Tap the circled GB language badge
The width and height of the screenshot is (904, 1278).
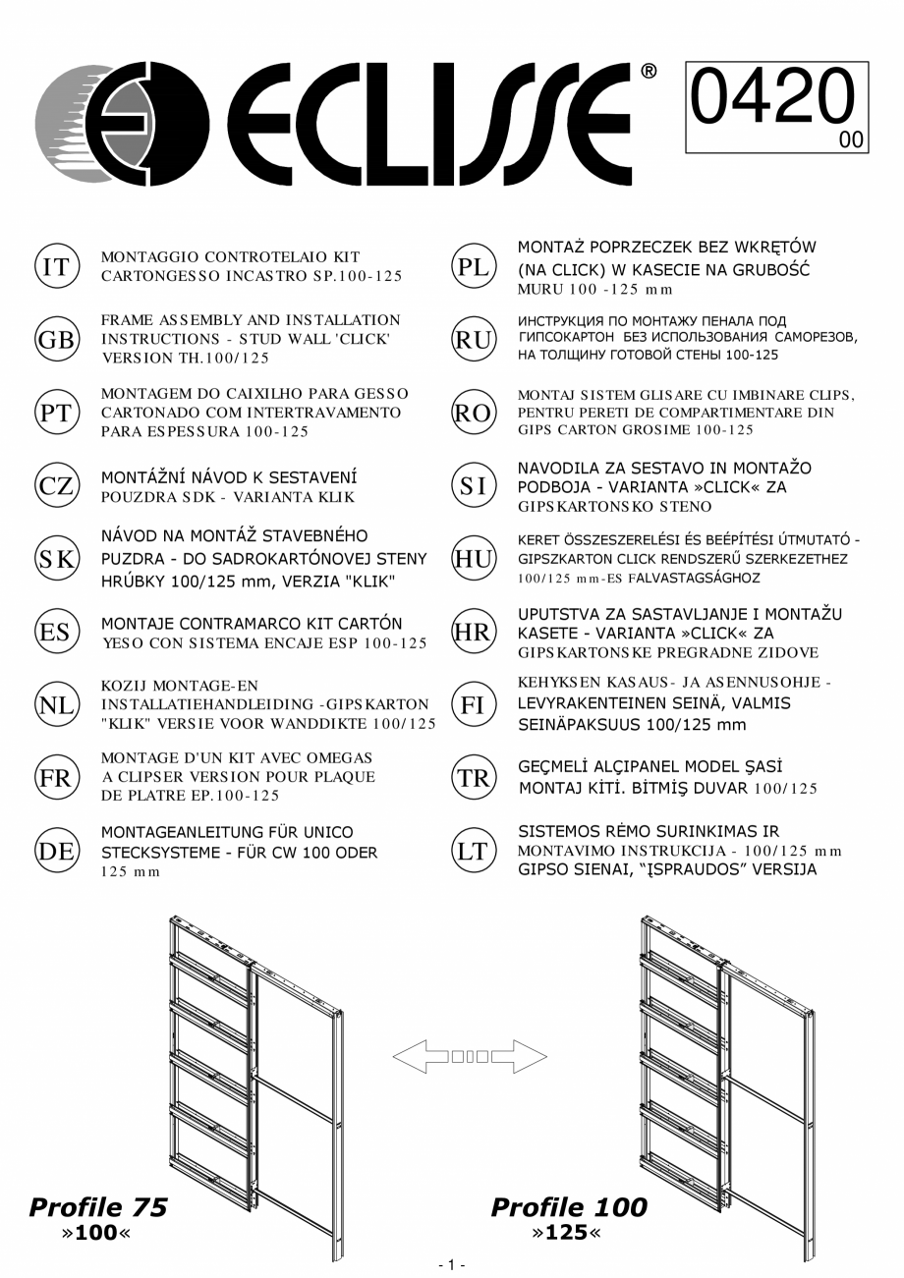(x=55, y=340)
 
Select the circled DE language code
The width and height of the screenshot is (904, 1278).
(x=55, y=851)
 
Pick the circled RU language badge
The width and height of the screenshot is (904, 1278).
(x=473, y=340)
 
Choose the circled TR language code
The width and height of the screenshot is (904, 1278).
(x=473, y=778)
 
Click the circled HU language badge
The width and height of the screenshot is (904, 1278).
(x=473, y=558)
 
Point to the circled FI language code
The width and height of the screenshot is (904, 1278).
(x=473, y=704)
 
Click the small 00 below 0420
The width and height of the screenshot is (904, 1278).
(x=851, y=140)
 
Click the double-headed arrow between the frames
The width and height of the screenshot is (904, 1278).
(x=470, y=1057)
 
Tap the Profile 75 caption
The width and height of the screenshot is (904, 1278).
(x=98, y=1207)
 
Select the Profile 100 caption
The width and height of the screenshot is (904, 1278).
(x=569, y=1207)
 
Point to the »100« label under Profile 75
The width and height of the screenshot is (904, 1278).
(x=97, y=1232)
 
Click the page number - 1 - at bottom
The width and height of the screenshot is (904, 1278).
(x=451, y=1265)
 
